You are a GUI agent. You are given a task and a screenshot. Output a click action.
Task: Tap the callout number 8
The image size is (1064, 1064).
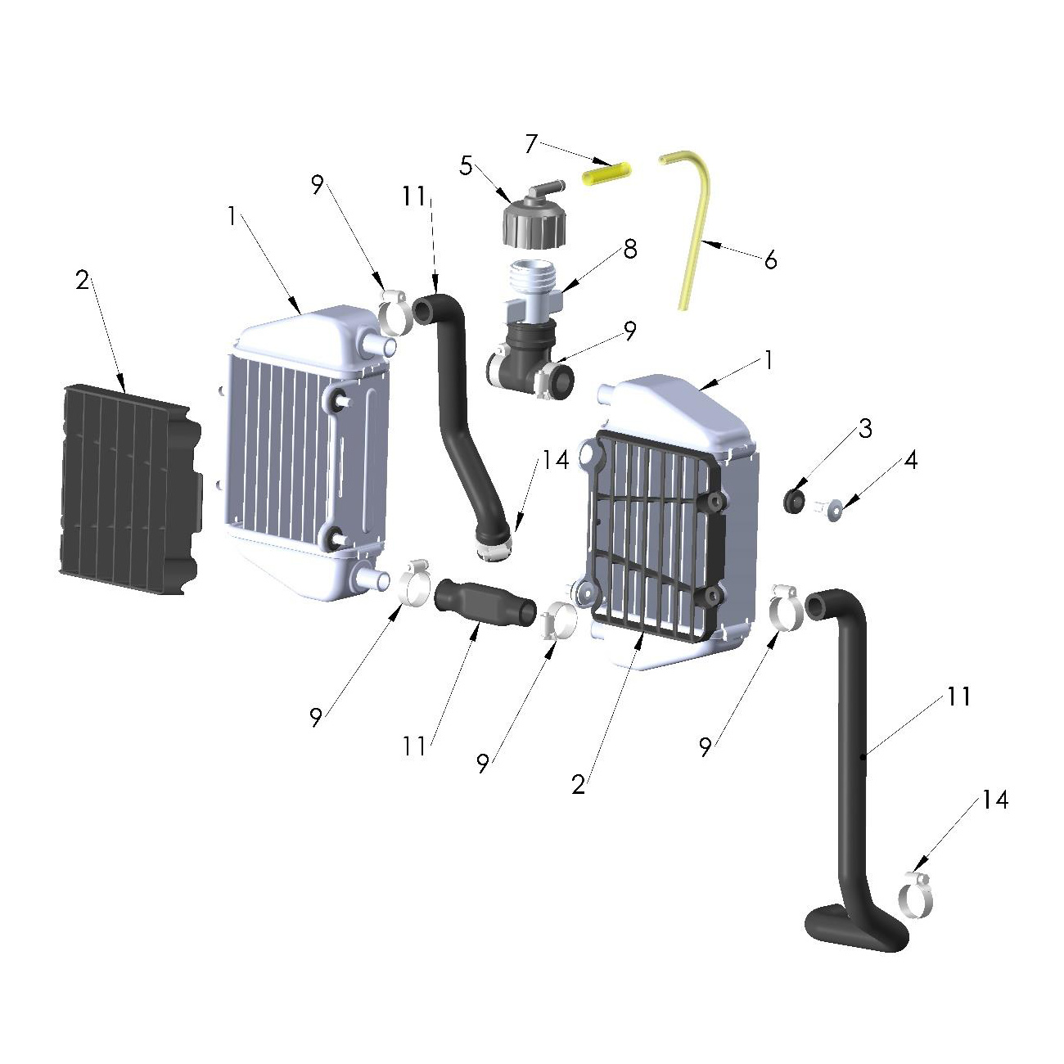pyautogui.click(x=629, y=249)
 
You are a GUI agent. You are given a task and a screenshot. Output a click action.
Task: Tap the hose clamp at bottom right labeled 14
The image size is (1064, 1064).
pyautogui.click(x=917, y=895)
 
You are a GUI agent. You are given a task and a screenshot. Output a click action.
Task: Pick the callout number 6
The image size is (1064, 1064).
pyautogui.click(x=770, y=260)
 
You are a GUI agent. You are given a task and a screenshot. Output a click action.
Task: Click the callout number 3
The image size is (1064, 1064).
pyautogui.click(x=864, y=428)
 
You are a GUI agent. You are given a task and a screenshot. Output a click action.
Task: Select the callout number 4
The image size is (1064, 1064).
pyautogui.click(x=910, y=460)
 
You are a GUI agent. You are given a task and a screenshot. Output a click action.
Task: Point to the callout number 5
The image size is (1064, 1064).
pyautogui.click(x=466, y=166)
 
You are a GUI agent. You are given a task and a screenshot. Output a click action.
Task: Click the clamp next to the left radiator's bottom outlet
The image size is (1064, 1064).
pyautogui.click(x=416, y=584)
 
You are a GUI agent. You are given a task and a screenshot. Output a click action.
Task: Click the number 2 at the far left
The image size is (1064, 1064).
pyautogui.click(x=82, y=281)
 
